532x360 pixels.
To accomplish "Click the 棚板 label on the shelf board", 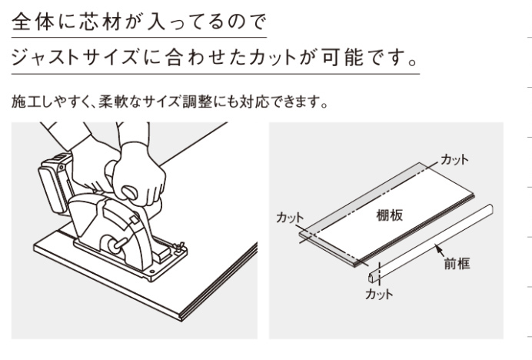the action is click(x=390, y=215).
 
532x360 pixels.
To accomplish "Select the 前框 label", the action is click(x=457, y=264).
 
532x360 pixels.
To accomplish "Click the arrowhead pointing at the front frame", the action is click(x=438, y=248).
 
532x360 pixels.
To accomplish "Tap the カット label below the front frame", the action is click(x=379, y=294).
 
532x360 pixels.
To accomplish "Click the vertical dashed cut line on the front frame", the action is click(x=379, y=273).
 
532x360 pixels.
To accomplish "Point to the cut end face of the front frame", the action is click(x=371, y=277).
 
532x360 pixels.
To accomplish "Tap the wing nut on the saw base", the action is click(x=178, y=248).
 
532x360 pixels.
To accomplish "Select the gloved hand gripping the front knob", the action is click(x=138, y=174).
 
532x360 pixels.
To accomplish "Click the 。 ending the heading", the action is click(x=412, y=62).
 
